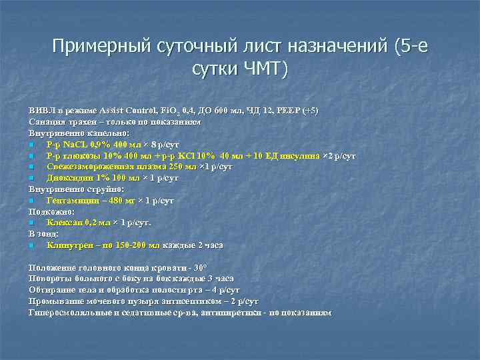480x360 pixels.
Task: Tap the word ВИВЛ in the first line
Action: pyautogui.click(x=41, y=110)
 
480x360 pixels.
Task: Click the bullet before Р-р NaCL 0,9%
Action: pyautogui.click(x=31, y=145)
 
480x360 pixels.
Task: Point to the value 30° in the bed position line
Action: pyautogui.click(x=200, y=267)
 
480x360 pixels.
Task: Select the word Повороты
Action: pyautogui.click(x=50, y=279)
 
